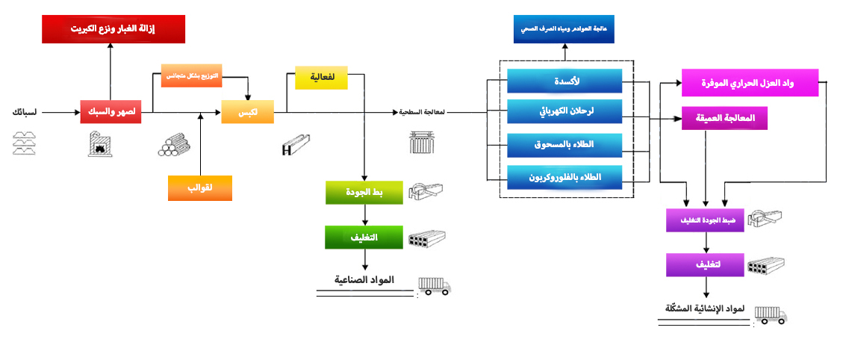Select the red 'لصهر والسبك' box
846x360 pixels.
pyautogui.click(x=111, y=112)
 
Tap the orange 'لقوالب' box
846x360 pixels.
pyautogui.click(x=200, y=187)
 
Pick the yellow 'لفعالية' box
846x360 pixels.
pyautogui.click(x=321, y=78)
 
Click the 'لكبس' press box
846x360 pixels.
pyautogui.click(x=247, y=112)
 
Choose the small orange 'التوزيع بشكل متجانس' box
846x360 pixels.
pyautogui.click(x=193, y=76)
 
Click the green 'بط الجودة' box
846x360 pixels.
pyautogui.click(x=364, y=192)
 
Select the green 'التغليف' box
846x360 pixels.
pyautogui.click(x=364, y=237)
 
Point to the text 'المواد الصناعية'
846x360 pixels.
pyautogui.click(x=364, y=280)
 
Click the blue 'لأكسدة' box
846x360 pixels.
pyautogui.click(x=564, y=80)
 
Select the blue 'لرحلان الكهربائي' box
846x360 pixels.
pyautogui.click(x=564, y=112)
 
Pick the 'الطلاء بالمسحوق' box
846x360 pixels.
pyautogui.click(x=564, y=144)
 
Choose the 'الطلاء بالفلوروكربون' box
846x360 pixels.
pyautogui.click(x=564, y=177)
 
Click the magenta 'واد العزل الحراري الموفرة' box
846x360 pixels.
pyautogui.click(x=749, y=84)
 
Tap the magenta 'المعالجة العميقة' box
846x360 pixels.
pyautogui.click(x=724, y=118)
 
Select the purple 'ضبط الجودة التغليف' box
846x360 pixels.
pyautogui.click(x=705, y=220)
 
